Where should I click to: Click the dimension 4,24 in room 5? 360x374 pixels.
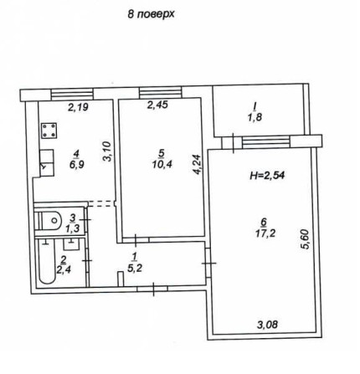[197, 161]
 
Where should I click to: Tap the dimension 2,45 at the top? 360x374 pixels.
[157, 106]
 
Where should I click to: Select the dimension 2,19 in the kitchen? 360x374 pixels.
[78, 106]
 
